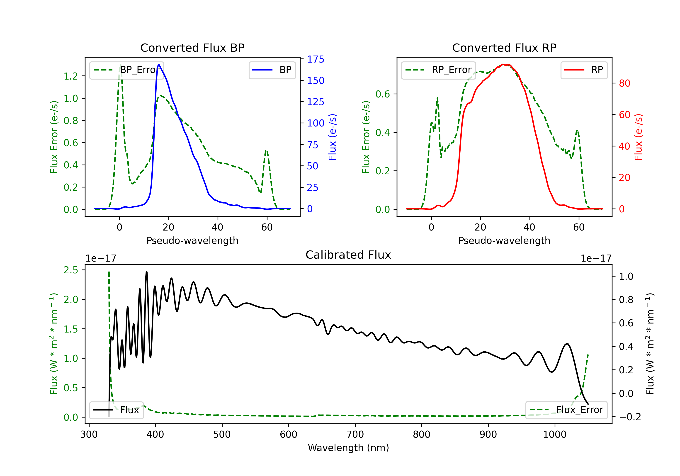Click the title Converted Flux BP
[x=192, y=48]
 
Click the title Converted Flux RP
[x=504, y=48]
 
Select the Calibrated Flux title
[x=348, y=255]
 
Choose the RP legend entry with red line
[x=583, y=70]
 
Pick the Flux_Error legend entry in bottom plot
[x=566, y=410]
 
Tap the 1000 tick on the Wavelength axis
[x=554, y=435]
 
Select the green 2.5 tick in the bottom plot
[x=71, y=270]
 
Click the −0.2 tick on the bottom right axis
[x=630, y=417]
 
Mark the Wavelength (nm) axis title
[x=348, y=448]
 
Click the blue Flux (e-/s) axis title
[x=333, y=137]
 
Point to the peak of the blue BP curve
[x=159, y=64]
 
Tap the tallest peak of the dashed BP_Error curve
[x=120, y=64]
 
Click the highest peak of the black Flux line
[x=146, y=272]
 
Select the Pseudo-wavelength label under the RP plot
[x=504, y=240]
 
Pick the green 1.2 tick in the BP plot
[x=71, y=76]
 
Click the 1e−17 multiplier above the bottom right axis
[x=596, y=258]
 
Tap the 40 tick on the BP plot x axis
[x=218, y=227]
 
